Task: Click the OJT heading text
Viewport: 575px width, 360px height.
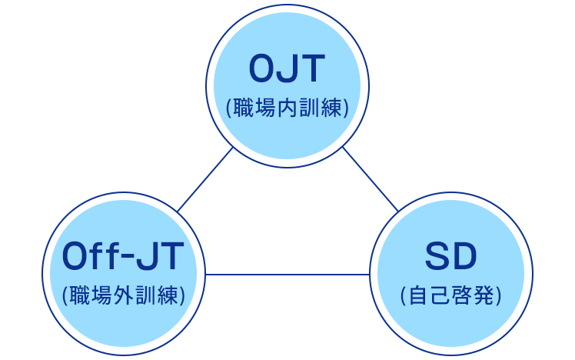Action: pos(287,69)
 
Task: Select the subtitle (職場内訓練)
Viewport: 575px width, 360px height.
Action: pos(287,108)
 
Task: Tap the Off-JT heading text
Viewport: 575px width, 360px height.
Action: pos(123,257)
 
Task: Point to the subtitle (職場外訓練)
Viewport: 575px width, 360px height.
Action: pos(123,295)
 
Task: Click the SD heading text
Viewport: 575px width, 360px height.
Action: pos(450,257)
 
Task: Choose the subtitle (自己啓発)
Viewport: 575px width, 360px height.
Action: pos(451,295)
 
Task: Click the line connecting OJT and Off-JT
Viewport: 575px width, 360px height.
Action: pos(204,179)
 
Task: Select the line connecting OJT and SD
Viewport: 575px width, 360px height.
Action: pos(371,179)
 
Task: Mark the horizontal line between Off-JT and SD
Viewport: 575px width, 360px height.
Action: pos(287,274)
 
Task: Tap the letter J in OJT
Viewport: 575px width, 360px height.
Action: pos(288,69)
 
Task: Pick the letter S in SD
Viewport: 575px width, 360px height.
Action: pos(437,257)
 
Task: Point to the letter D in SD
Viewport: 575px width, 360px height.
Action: pos(464,257)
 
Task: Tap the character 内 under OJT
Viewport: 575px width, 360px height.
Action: pos(287,108)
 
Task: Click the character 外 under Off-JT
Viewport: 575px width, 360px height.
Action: pos(123,295)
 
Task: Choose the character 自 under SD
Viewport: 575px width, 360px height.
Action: pos(420,295)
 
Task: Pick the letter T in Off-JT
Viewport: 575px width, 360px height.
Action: pos(171,257)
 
